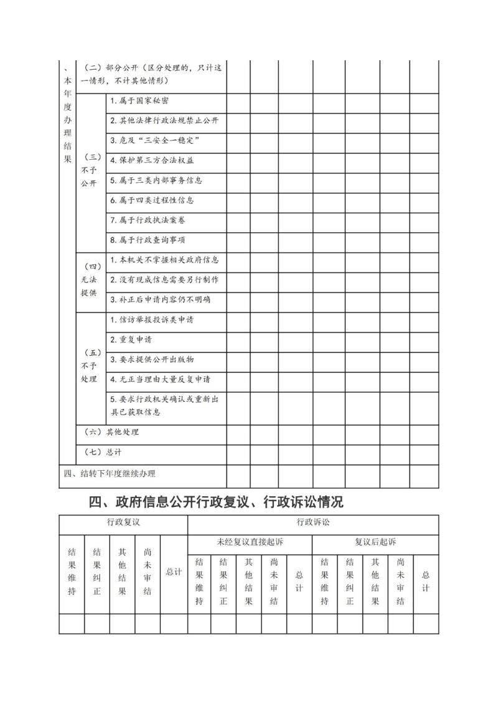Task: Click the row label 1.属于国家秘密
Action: tap(139, 101)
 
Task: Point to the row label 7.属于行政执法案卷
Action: tap(148, 220)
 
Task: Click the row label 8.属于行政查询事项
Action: tap(148, 240)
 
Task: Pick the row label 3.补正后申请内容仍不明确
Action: tap(160, 300)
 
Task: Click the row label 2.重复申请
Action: tap(131, 340)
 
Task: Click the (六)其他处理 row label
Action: tap(111, 432)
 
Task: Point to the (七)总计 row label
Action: tap(103, 452)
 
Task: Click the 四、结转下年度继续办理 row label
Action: tap(110, 473)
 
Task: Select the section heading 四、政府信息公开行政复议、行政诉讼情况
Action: tap(216, 501)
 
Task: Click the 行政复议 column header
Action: tap(123, 522)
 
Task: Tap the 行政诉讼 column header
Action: tap(313, 522)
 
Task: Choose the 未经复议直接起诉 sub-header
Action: tap(250, 542)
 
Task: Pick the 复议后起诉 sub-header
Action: tap(375, 542)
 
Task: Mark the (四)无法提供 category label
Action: tap(89, 280)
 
